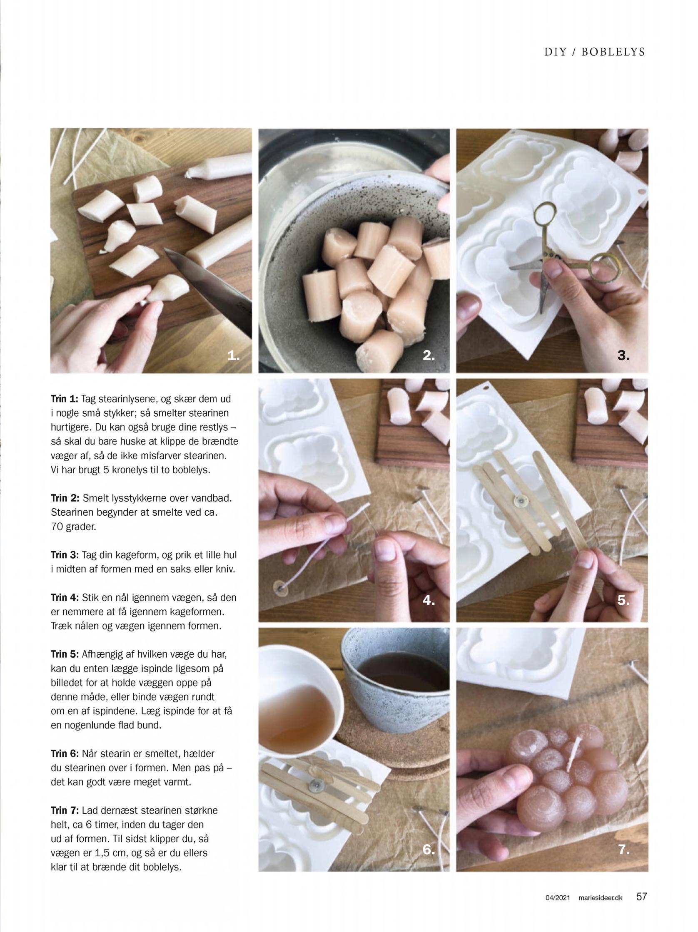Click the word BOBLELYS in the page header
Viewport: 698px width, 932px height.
click(x=613, y=52)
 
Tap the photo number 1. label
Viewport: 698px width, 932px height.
click(x=233, y=355)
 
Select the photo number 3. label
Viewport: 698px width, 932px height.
click(x=623, y=355)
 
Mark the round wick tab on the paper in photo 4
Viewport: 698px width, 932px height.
click(x=279, y=587)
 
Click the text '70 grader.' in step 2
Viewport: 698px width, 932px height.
click(x=73, y=526)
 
